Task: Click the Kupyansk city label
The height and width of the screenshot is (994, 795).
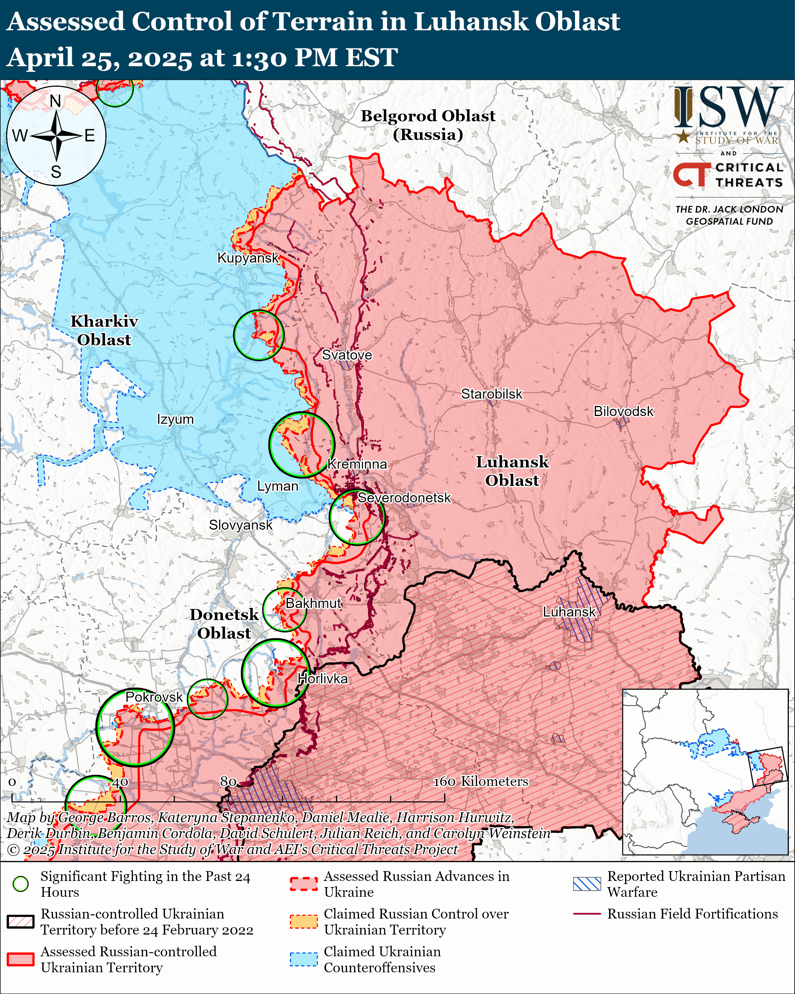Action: click(248, 258)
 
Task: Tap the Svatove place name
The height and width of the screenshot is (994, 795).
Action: click(347, 355)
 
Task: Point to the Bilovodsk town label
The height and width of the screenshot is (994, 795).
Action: click(623, 411)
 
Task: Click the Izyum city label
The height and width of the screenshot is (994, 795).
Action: click(175, 419)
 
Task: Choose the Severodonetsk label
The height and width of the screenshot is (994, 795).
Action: click(404, 498)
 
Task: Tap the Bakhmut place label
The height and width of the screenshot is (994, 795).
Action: click(314, 603)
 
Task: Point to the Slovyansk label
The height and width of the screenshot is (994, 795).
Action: click(241, 525)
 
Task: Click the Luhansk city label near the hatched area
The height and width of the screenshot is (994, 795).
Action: click(569, 612)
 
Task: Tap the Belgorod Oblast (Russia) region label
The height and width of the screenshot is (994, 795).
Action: click(428, 125)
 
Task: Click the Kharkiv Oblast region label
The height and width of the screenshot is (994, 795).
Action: click(104, 330)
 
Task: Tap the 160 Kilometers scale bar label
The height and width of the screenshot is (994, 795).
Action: click(481, 781)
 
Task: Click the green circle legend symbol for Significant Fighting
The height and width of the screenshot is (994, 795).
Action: click(20, 884)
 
